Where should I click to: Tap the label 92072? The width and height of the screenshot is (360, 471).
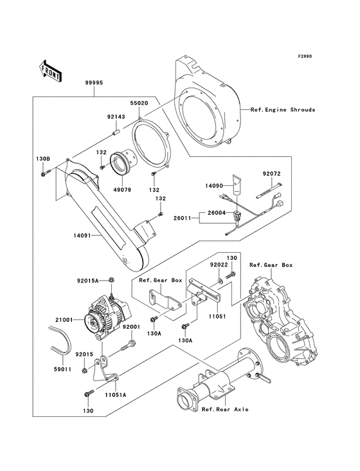click(x=273, y=174)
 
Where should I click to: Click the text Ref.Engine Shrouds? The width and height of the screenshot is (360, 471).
click(x=283, y=110)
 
